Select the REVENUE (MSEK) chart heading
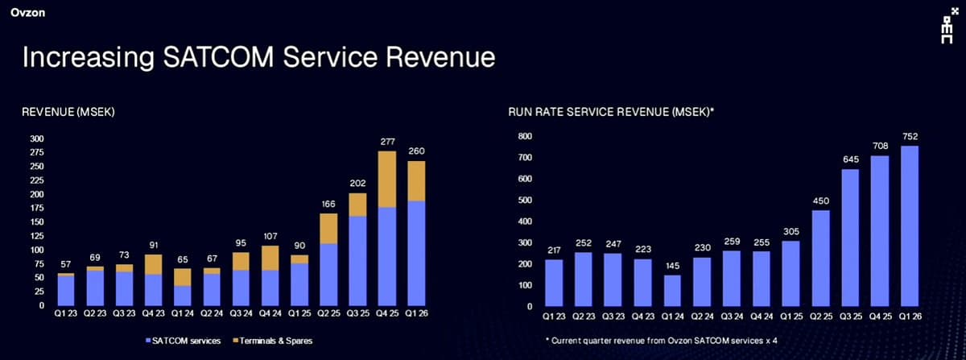(x=68, y=113)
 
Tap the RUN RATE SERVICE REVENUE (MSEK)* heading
(x=611, y=113)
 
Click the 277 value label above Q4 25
(x=388, y=142)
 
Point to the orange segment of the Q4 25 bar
(x=388, y=179)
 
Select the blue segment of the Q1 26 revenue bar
(x=417, y=253)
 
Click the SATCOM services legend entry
(x=183, y=341)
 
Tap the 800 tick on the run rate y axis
(x=524, y=136)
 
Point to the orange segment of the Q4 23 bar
(x=154, y=264)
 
